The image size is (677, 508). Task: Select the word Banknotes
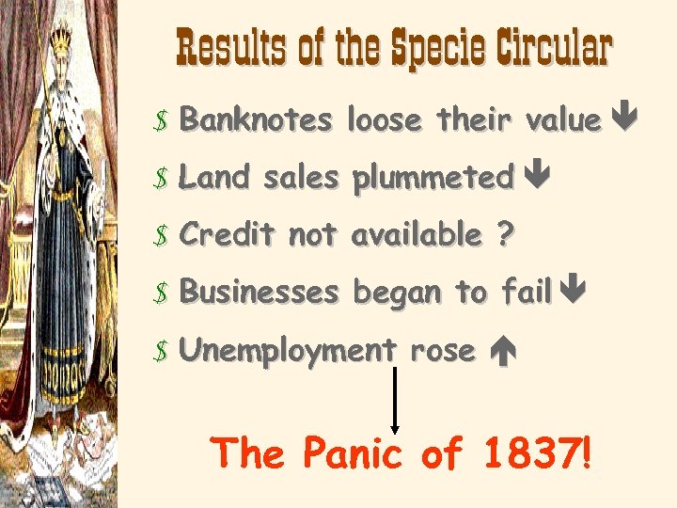pyautogui.click(x=256, y=119)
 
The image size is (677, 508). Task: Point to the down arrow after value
pyautogui.click(x=624, y=119)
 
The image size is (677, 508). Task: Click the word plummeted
pyautogui.click(x=433, y=178)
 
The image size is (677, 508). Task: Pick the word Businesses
pyautogui.click(x=259, y=293)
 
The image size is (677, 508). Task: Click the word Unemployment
pyautogui.click(x=288, y=351)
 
